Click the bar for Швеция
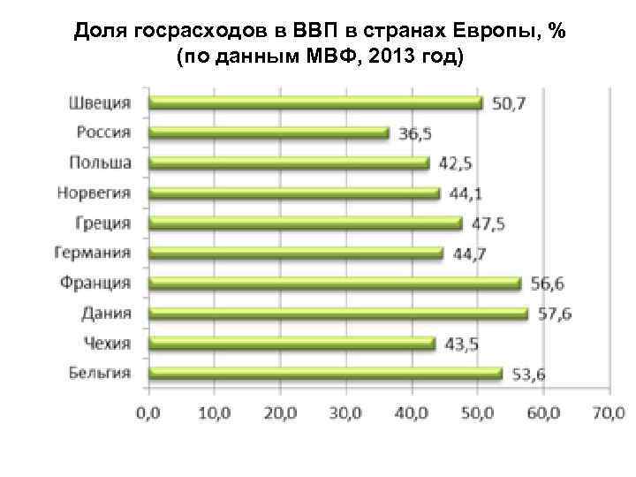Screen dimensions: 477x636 314,102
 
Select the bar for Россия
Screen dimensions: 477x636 268,132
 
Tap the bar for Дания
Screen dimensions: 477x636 337,313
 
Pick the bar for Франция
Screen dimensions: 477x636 334,283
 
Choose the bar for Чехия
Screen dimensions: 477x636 291,343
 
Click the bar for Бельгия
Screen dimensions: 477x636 324,373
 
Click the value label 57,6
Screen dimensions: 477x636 553,314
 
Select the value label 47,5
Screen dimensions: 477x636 488,223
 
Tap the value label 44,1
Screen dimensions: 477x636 466,193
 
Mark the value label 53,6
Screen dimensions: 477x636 527,375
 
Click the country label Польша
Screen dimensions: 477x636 101,163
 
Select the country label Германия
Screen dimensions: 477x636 93,253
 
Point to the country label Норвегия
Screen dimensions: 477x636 94,193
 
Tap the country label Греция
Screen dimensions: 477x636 103,223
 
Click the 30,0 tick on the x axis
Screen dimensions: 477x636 345,413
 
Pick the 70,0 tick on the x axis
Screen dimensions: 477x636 609,413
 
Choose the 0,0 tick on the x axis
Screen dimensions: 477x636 148,413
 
